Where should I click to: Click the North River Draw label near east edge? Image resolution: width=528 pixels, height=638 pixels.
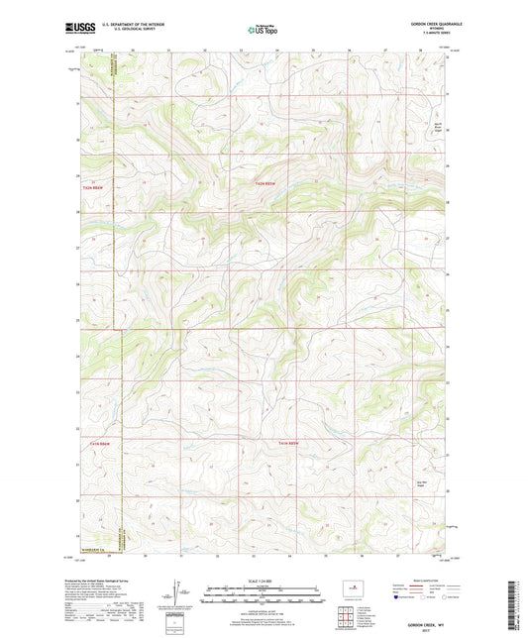441,126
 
